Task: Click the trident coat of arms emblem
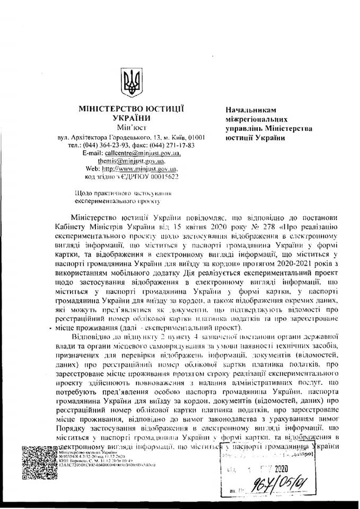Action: (130, 81)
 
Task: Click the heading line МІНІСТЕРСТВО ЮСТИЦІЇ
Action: (131, 109)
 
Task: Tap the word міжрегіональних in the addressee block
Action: (258, 119)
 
